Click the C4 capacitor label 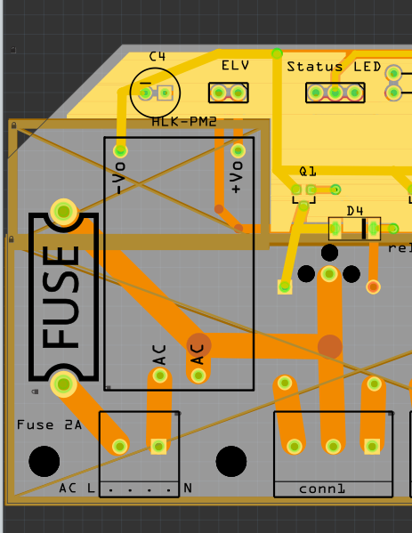(158, 56)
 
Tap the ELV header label (235, 65)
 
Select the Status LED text (334, 67)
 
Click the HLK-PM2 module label (184, 122)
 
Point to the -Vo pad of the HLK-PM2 (120, 150)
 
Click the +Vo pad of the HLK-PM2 (238, 150)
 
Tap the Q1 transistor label (308, 172)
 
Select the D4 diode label (354, 211)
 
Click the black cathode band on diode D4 (364, 229)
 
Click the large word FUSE (61, 297)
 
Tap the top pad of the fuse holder (63, 212)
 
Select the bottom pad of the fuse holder (63, 384)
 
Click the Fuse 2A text (49, 425)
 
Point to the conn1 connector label (321, 489)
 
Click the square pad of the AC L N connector (158, 446)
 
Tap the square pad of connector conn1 (372, 446)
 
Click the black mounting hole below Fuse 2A (44, 461)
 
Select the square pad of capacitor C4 (166, 93)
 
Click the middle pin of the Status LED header (335, 93)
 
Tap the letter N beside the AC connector (188, 489)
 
